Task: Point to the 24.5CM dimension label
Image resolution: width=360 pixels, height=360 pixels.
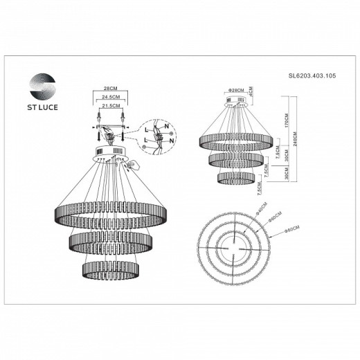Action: click(108, 99)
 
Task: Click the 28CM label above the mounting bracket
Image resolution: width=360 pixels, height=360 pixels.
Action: click(108, 90)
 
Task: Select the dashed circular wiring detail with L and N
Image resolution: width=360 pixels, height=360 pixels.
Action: click(159, 136)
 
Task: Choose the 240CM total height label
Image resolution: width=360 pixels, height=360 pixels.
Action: click(296, 136)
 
